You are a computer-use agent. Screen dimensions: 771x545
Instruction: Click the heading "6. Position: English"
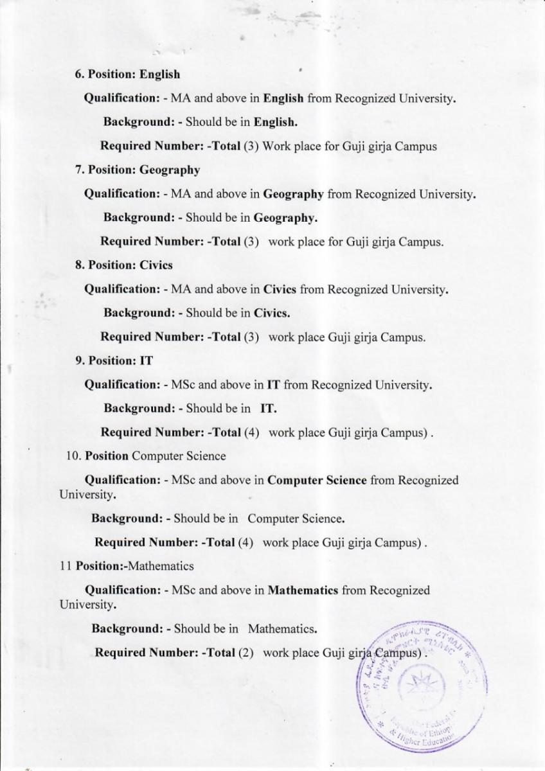coord(128,75)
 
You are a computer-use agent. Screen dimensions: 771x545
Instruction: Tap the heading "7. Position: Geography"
coord(138,170)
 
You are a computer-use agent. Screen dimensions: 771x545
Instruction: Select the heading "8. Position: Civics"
coord(124,265)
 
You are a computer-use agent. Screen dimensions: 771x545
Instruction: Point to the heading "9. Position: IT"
coord(114,360)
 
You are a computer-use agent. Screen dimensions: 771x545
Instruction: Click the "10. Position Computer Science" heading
coord(145,456)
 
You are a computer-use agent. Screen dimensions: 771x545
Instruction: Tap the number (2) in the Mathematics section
coord(246,653)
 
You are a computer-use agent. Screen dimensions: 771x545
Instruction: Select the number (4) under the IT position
coord(251,432)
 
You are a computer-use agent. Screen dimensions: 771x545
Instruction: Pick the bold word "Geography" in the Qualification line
coord(293,194)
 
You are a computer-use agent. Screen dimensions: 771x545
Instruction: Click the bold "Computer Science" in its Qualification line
coord(317,480)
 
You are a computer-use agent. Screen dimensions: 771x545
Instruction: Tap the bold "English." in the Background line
coord(275,121)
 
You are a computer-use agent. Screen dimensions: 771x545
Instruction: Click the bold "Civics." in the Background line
coord(272,314)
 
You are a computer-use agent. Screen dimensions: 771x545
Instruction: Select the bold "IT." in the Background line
coord(269,409)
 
